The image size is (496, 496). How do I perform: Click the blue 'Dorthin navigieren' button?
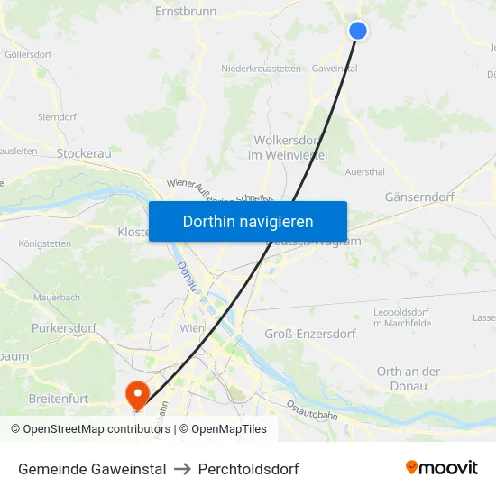(248, 221)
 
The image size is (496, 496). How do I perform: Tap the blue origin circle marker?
(358, 31)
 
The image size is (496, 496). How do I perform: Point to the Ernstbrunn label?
(186, 12)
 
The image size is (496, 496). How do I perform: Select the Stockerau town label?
(84, 153)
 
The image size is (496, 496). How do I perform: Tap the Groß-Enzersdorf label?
(310, 334)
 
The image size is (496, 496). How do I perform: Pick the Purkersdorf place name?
(63, 328)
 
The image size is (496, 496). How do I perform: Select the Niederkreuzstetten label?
(261, 69)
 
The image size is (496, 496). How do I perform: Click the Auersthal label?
(365, 170)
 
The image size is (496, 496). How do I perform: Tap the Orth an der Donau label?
(409, 378)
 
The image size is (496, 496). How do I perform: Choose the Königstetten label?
(44, 243)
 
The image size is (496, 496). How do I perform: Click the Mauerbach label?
(57, 297)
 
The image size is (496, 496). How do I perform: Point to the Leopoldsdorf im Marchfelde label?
(400, 317)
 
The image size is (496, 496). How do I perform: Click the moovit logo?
(442, 467)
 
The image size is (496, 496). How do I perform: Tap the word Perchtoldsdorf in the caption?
(248, 469)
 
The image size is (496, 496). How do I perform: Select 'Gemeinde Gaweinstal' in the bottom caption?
(92, 469)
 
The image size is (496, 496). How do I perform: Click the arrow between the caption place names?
(182, 469)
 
